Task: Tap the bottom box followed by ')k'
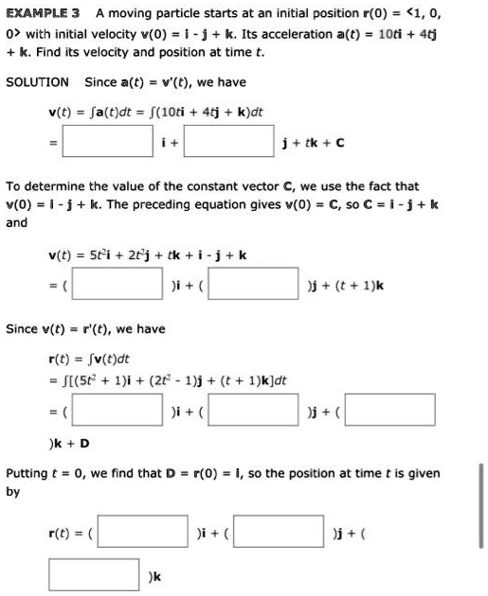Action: click(x=98, y=573)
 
